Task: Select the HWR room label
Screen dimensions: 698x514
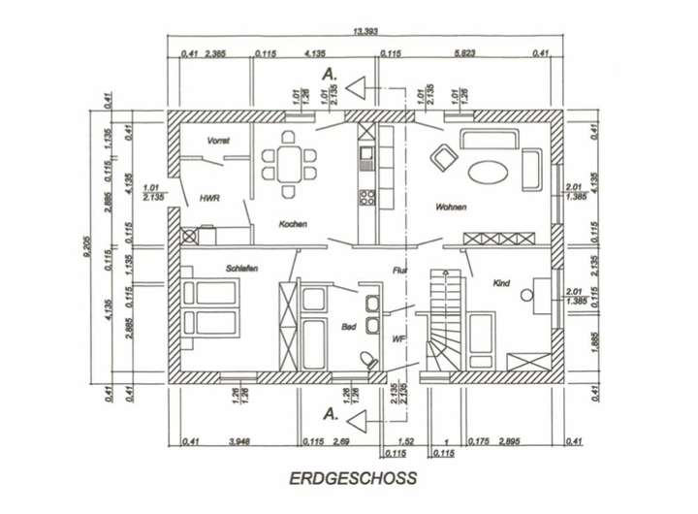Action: tap(209, 198)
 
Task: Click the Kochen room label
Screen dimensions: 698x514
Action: tap(293, 225)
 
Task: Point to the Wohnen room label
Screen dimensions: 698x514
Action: tap(452, 208)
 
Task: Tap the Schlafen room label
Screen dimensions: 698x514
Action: tap(241, 268)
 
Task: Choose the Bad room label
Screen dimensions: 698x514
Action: tap(347, 329)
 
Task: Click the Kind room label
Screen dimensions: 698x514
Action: tap(501, 283)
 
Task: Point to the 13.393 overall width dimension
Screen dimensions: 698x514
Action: tap(365, 32)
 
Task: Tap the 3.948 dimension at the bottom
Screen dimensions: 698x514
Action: tap(238, 442)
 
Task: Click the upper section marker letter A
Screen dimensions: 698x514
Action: tap(330, 73)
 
